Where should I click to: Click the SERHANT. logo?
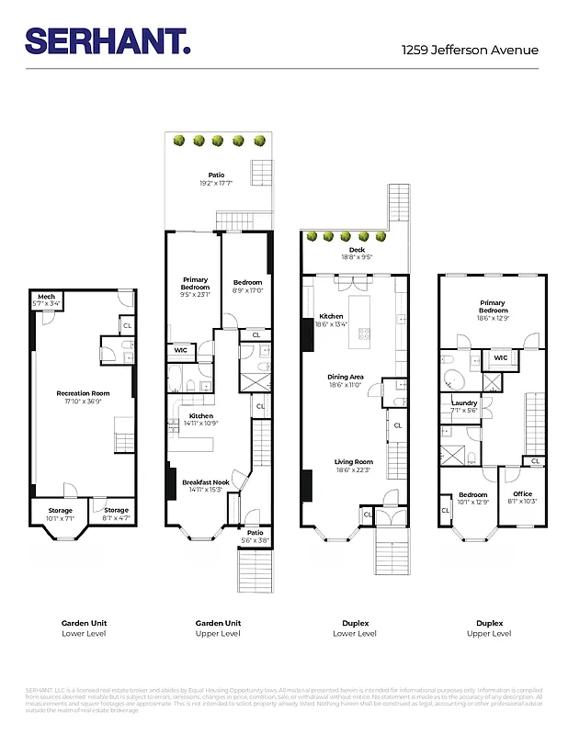(x=108, y=40)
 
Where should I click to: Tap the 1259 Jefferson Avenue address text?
(x=470, y=51)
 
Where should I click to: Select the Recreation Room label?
(x=82, y=393)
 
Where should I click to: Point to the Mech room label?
(x=45, y=296)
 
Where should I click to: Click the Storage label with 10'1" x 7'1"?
(x=60, y=510)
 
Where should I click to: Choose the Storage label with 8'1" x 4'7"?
(x=116, y=510)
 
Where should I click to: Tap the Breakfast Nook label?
(x=205, y=482)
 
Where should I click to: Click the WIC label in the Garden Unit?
(x=179, y=350)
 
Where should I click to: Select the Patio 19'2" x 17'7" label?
(x=216, y=175)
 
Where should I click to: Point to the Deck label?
(x=356, y=250)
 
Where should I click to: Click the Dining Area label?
(x=346, y=377)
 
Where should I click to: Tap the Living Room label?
(x=353, y=462)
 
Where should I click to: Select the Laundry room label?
(x=463, y=403)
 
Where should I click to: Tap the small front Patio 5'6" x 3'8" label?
(x=255, y=531)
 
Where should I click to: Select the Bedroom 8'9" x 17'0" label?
(x=247, y=283)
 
